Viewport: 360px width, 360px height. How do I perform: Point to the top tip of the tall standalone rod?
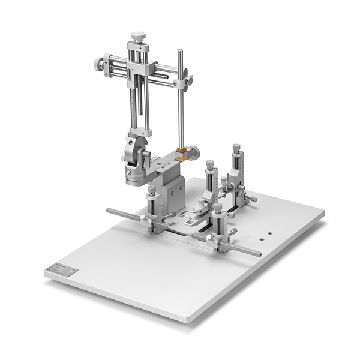[179, 52]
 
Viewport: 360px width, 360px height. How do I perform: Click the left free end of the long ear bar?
[109, 211]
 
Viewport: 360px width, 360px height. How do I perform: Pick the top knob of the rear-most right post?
[236, 148]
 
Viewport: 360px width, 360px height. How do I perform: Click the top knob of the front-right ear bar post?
[217, 208]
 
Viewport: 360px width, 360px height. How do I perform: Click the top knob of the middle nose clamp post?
[209, 164]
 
